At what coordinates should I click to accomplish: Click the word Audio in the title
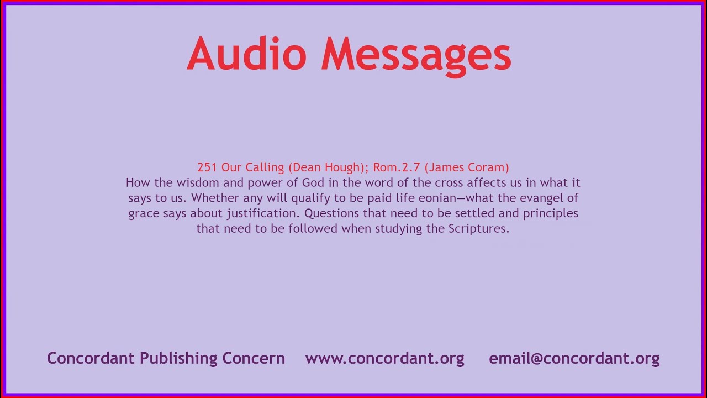tap(246, 54)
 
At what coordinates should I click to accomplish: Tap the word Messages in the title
tap(416, 54)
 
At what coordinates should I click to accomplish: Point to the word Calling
tap(265, 167)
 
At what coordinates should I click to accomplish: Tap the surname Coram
tap(487, 167)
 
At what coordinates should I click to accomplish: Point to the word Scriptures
tap(478, 229)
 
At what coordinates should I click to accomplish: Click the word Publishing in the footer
tap(178, 358)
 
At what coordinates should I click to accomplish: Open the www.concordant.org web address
tap(384, 358)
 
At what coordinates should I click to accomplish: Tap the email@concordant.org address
tap(574, 358)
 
